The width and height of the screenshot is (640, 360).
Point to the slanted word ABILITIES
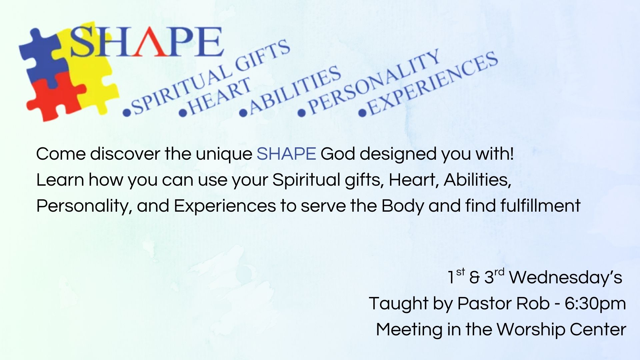pos(295,90)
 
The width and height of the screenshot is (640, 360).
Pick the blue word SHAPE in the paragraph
pos(286,154)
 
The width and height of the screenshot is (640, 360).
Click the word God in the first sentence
pos(338,154)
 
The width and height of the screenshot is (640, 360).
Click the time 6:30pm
pos(595,304)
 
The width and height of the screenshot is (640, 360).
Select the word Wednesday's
pos(566,277)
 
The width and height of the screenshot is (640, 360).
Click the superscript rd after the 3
pos(499,272)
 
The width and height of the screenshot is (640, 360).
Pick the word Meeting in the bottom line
pos(409,330)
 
